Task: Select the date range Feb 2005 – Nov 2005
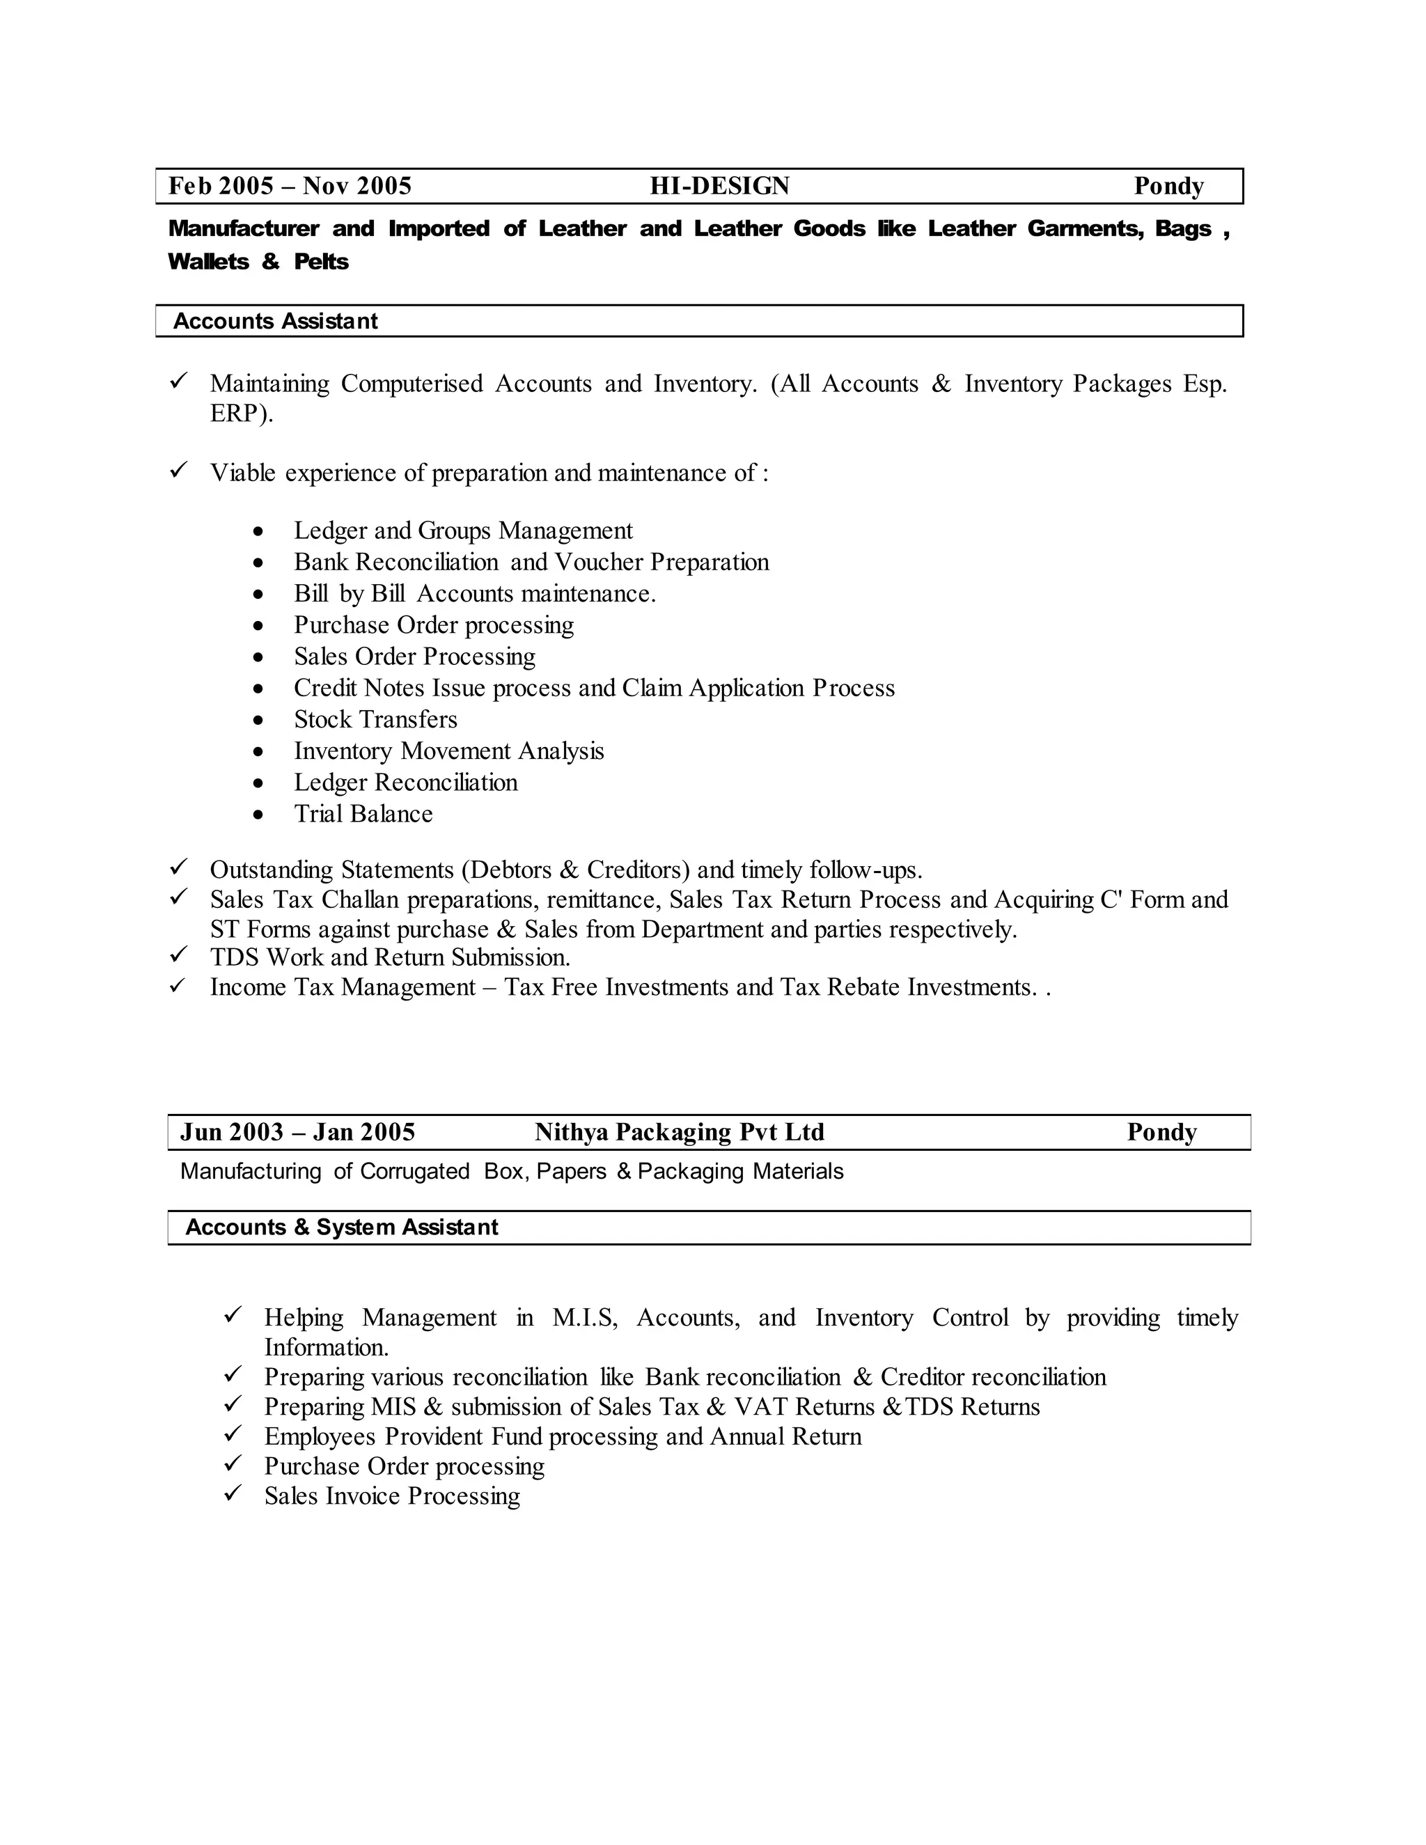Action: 290,186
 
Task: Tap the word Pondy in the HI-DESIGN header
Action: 1168,186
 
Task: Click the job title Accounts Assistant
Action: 276,321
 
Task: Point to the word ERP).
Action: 242,414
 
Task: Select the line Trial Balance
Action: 363,813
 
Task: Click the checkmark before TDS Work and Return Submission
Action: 178,955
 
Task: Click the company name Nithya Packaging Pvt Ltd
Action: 679,1132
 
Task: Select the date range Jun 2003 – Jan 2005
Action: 297,1132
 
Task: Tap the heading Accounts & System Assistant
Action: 341,1227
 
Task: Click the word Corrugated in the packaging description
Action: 414,1172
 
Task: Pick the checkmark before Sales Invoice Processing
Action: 233,1493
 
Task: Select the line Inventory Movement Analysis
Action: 448,751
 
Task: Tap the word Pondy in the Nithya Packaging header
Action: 1161,1132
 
